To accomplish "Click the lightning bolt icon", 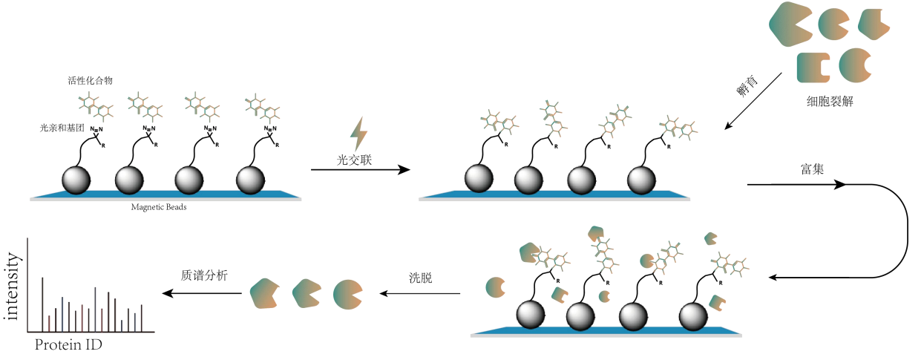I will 359,135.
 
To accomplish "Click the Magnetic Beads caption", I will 158,208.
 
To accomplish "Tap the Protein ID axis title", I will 69,346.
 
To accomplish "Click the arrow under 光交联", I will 360,170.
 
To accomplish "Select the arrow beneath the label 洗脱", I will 420,293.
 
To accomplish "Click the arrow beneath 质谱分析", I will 203,293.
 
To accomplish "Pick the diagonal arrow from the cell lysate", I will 753,101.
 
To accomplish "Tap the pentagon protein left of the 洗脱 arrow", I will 265,294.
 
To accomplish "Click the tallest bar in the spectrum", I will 42,304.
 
